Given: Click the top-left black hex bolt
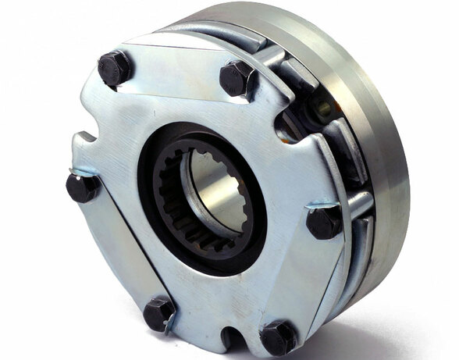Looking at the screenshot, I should tap(116, 68).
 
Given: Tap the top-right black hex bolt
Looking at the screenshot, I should tap(237, 78).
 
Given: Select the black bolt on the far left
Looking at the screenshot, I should tap(82, 187).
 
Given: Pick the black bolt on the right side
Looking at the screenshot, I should tap(323, 222).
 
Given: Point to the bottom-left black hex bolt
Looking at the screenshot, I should tap(159, 313).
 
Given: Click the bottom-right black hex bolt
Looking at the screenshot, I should tap(278, 337).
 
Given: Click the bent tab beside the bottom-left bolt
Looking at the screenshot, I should tap(169, 327).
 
